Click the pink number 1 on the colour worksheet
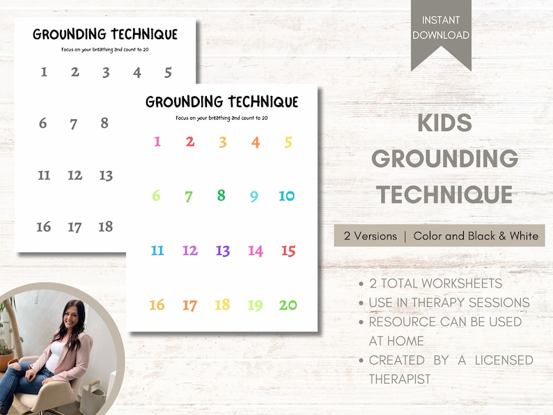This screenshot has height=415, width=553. point(157,142)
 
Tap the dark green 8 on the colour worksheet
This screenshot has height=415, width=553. point(221,196)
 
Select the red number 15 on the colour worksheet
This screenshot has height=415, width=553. point(288,251)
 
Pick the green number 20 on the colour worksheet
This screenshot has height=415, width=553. point(288,305)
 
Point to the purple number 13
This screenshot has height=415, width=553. point(222,251)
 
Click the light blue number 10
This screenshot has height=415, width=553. point(287,196)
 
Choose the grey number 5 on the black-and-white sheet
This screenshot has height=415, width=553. point(168,72)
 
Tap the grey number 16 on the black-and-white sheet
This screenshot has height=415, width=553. point(43,226)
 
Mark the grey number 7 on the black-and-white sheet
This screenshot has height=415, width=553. point(74,124)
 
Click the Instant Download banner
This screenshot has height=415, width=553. point(440,28)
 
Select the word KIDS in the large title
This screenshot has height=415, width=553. point(444,123)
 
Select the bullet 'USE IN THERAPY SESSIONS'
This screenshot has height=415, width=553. point(449,302)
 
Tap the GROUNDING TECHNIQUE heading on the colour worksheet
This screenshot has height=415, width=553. point(221,102)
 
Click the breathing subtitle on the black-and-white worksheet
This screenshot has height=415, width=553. point(104,49)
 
